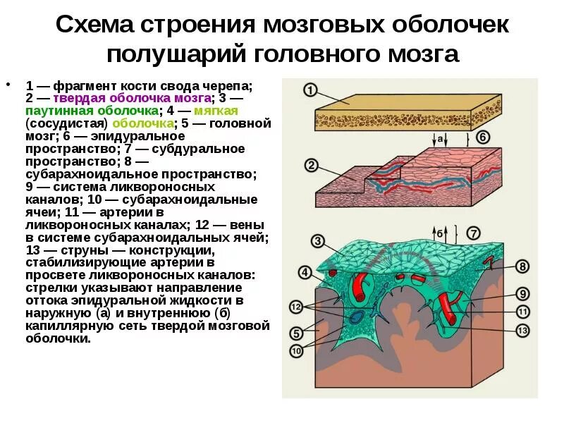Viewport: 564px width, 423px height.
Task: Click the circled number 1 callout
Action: [x=310, y=90]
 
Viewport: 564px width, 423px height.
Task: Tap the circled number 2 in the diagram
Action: [x=310, y=166]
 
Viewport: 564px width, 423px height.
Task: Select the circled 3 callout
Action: [x=318, y=242]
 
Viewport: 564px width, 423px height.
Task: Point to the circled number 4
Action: [x=305, y=272]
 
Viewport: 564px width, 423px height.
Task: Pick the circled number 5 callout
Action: [x=297, y=332]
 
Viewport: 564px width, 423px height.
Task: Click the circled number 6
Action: [x=483, y=137]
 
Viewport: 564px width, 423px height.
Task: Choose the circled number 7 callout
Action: [x=474, y=233]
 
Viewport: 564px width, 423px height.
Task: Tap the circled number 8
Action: [x=522, y=266]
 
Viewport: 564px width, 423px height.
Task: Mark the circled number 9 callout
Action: [x=522, y=293]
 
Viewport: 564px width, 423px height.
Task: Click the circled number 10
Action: [x=297, y=350]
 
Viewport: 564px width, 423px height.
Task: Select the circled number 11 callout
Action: [x=522, y=311]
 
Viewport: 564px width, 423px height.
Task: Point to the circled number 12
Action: [x=297, y=307]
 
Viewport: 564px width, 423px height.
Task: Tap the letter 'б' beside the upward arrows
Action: [x=439, y=233]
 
